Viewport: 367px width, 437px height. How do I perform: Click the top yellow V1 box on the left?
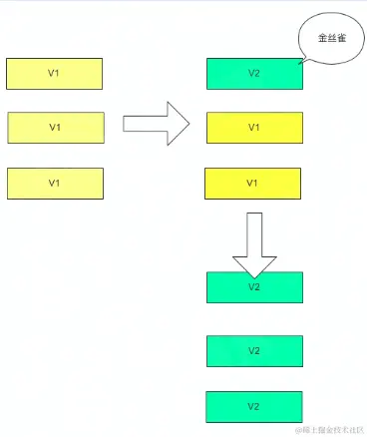point(55,74)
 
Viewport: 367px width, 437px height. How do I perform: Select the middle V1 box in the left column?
point(55,128)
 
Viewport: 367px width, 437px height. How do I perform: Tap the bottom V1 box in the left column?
point(55,184)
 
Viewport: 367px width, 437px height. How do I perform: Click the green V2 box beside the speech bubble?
point(254,74)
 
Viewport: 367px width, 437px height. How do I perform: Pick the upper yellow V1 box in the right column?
point(254,128)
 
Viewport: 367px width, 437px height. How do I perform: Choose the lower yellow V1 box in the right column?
point(253,184)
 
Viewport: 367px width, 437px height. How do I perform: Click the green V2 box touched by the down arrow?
point(254,287)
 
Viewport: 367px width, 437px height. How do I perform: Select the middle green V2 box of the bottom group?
point(254,351)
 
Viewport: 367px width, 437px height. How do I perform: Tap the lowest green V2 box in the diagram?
point(254,406)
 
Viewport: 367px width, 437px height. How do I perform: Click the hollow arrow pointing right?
point(156,123)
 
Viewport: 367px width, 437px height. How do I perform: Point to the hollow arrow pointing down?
point(253,243)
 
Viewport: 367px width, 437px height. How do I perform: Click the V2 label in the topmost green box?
point(253,74)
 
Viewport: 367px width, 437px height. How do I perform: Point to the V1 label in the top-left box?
point(54,74)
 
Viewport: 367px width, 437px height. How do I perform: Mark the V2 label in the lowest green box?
point(253,406)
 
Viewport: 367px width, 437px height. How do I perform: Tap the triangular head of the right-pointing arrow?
point(177,123)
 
